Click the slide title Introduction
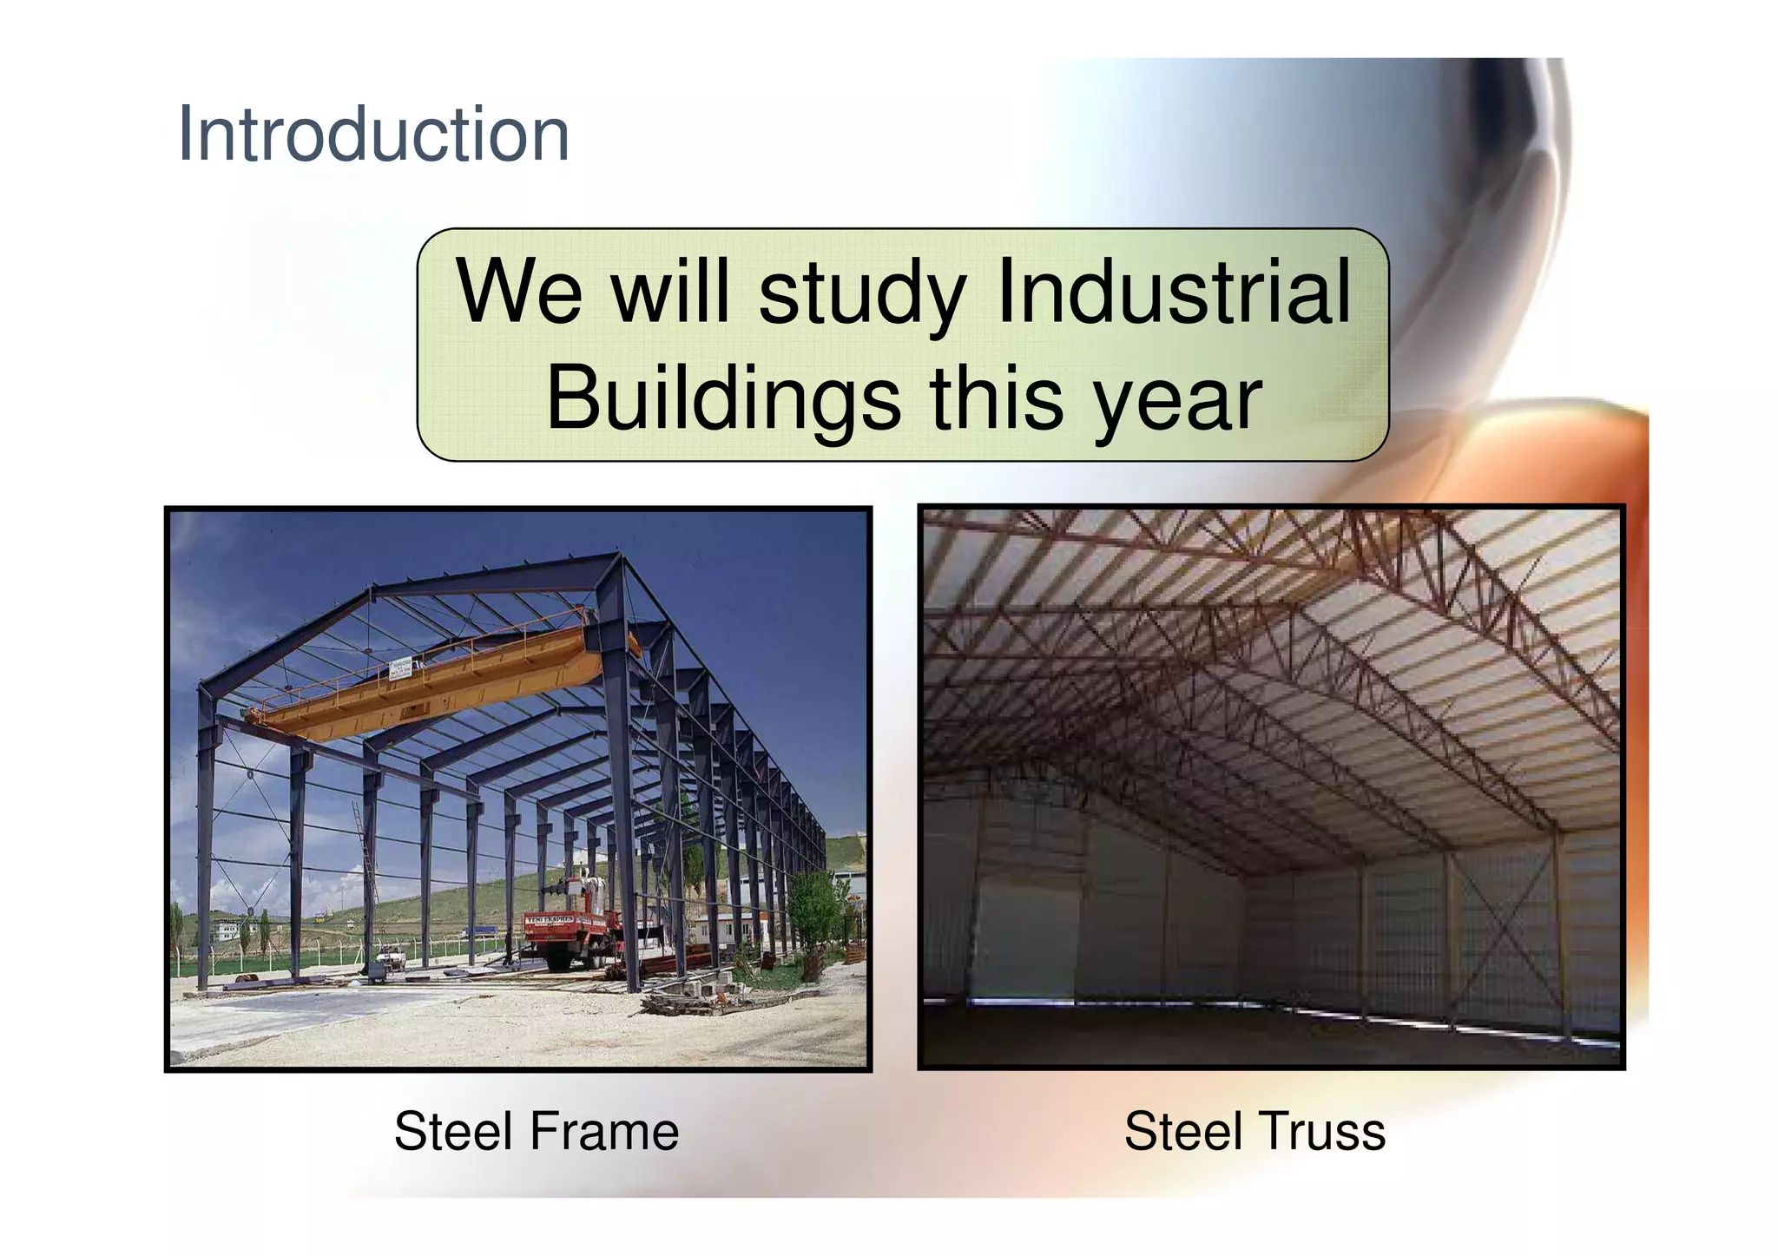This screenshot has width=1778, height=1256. [x=373, y=135]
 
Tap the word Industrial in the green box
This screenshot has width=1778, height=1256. [x=1174, y=292]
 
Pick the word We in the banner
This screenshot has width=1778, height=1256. [x=519, y=292]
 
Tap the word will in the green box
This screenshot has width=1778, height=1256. [x=670, y=292]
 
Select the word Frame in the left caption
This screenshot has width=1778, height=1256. [x=604, y=1132]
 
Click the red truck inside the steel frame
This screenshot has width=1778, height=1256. [x=569, y=937]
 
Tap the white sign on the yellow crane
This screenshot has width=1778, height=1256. [x=400, y=669]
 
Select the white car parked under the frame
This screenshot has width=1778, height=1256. [x=391, y=961]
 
